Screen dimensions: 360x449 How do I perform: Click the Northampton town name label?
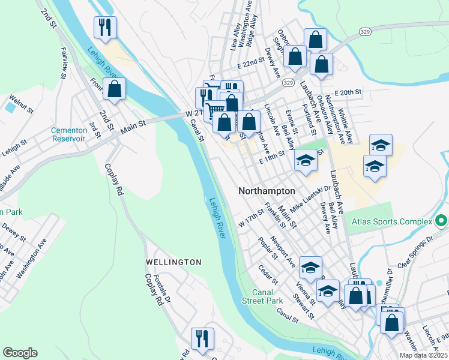point(267,190)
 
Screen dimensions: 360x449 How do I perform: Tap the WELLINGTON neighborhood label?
point(173,262)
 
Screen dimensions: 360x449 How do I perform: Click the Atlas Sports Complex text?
point(393,221)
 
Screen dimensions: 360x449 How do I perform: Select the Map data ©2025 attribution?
point(423,355)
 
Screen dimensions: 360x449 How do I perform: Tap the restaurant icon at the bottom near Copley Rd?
point(202,338)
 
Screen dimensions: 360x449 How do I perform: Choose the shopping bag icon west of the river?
point(114,89)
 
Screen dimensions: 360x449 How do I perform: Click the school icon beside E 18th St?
point(306,161)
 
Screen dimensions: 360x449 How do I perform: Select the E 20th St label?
point(349,92)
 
